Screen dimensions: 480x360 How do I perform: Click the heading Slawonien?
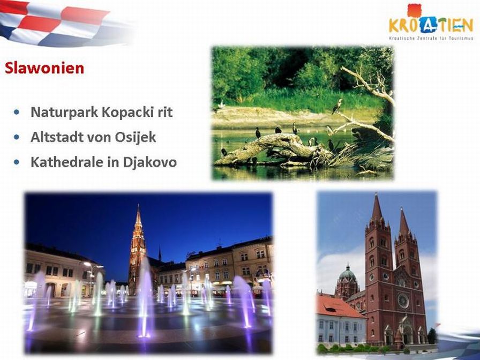(x=44, y=68)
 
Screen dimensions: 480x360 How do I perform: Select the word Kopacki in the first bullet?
(x=127, y=112)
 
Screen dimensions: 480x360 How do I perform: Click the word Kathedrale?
(x=67, y=162)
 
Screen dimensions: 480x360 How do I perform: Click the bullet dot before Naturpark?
(x=17, y=112)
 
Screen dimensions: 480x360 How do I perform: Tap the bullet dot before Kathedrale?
(x=17, y=162)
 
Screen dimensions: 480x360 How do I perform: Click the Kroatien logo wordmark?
(x=431, y=25)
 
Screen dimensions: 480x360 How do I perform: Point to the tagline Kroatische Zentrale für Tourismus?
(x=431, y=38)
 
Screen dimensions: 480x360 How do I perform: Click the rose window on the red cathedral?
(x=403, y=301)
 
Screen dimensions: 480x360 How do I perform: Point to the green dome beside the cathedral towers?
(x=348, y=273)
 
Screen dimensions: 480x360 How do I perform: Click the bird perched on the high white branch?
(x=337, y=106)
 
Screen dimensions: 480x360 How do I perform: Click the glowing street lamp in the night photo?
(x=87, y=264)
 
